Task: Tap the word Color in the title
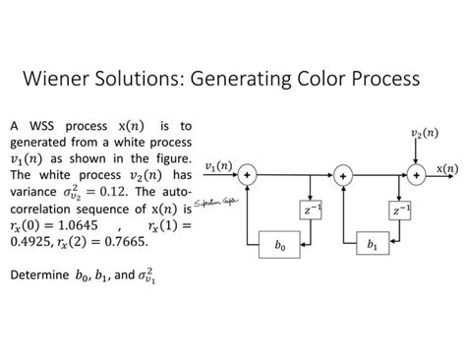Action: [317, 79]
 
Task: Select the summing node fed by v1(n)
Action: [248, 175]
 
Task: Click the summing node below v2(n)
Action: [417, 175]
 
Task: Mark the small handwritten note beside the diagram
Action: [211, 203]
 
